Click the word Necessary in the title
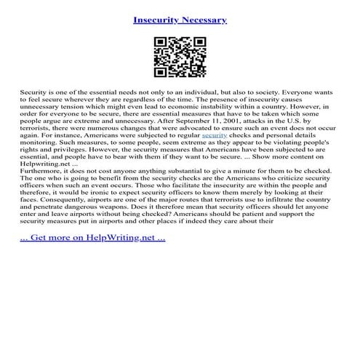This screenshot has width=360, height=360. (x=204, y=20)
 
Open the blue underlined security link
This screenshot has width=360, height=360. (x=215, y=135)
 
